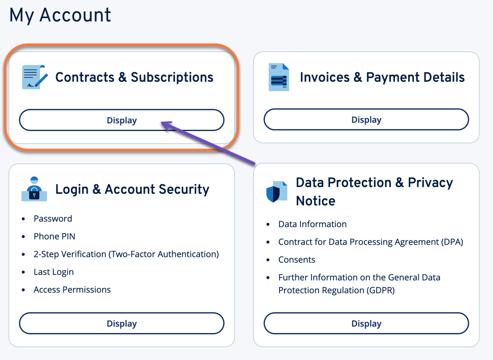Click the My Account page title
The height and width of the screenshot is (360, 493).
point(60,15)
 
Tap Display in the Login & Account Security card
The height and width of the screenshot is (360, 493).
point(122,323)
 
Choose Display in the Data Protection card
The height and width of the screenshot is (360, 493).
point(366,323)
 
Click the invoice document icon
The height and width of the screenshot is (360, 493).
point(279,77)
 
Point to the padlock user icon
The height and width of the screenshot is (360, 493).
point(34,189)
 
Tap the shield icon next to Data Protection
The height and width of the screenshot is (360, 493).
point(276,192)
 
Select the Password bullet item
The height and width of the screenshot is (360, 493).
point(53,219)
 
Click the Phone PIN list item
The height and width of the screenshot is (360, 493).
point(54,237)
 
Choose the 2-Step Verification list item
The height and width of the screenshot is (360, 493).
point(126,254)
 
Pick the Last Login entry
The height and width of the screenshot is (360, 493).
point(54,272)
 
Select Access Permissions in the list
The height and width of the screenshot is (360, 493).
point(72,290)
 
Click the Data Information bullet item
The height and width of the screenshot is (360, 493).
point(312,224)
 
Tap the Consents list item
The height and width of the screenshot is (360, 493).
point(297,260)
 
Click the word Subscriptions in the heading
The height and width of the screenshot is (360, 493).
point(172,77)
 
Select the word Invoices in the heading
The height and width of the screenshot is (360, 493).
point(324,77)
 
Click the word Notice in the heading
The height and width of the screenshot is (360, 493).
point(316,201)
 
